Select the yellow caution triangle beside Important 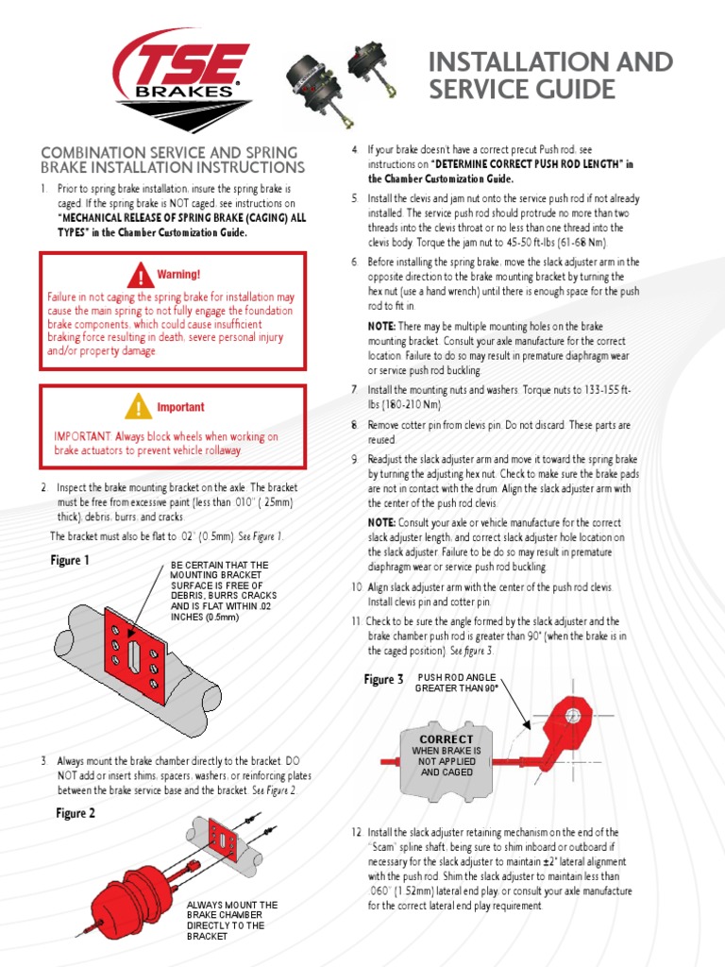click(139, 407)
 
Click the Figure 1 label click(70, 560)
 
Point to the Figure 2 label click(76, 813)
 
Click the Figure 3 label click(383, 679)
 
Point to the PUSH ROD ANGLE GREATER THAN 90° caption click(457, 683)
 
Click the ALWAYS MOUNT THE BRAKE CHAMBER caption click(232, 920)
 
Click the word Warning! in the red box click(179, 275)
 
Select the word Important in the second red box click(179, 407)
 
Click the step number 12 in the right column click(356, 832)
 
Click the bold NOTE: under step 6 click(381, 325)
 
